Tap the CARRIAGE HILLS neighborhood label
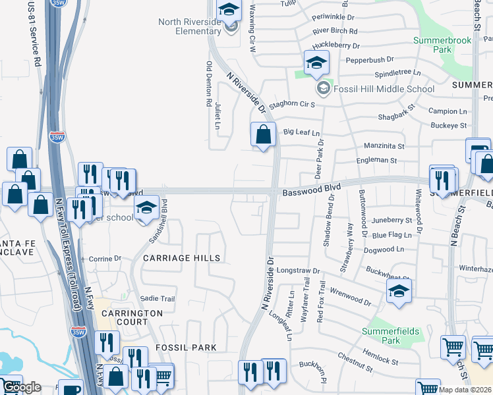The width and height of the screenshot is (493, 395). (x=181, y=258)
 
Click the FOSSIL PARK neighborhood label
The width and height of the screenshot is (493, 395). (x=177, y=347)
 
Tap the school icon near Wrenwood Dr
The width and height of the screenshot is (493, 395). (x=399, y=291)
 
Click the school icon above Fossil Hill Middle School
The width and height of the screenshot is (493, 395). (x=316, y=63)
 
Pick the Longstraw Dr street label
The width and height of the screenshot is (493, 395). (x=297, y=271)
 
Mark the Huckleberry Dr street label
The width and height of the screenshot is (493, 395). (x=337, y=46)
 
